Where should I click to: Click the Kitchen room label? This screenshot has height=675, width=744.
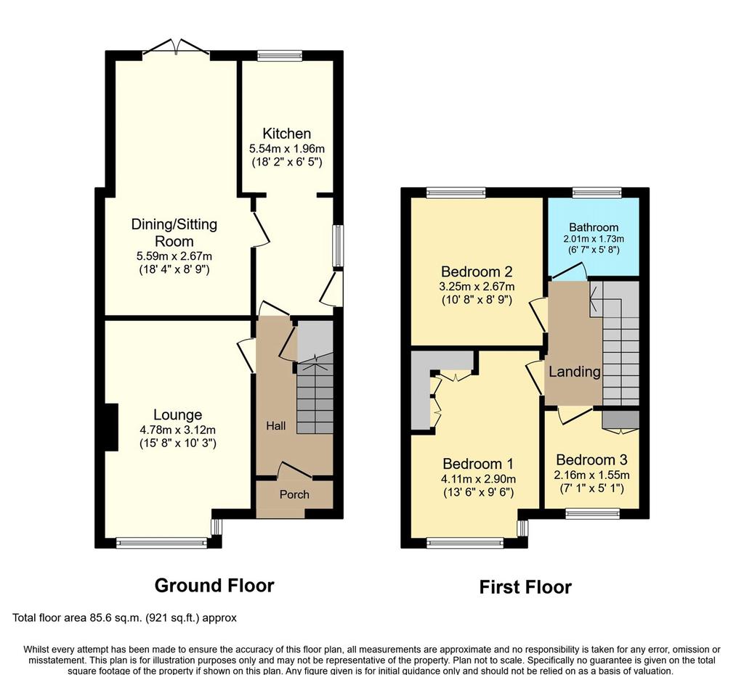click(286, 134)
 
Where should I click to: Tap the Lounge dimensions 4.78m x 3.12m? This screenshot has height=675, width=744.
click(177, 430)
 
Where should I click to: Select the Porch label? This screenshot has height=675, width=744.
click(294, 494)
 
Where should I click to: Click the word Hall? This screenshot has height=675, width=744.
click(275, 425)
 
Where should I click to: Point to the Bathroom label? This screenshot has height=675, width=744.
click(594, 227)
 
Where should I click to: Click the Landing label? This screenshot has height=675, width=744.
click(575, 372)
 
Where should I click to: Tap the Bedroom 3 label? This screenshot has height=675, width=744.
click(591, 459)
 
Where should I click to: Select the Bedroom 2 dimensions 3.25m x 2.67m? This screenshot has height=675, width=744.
click(477, 287)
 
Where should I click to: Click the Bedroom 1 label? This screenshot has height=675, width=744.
click(478, 464)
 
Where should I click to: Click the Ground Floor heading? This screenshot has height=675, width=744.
click(214, 586)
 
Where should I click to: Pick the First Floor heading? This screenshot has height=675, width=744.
click(525, 587)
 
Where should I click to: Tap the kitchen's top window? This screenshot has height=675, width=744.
click(280, 55)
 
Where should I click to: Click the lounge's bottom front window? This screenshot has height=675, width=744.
click(162, 543)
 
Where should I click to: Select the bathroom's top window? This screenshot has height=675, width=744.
click(597, 192)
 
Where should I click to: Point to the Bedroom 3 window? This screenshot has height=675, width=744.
click(593, 513)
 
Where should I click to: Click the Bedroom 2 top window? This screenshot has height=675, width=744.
click(456, 192)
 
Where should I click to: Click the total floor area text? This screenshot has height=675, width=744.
click(124, 618)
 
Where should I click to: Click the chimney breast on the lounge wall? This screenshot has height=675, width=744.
click(111, 427)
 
